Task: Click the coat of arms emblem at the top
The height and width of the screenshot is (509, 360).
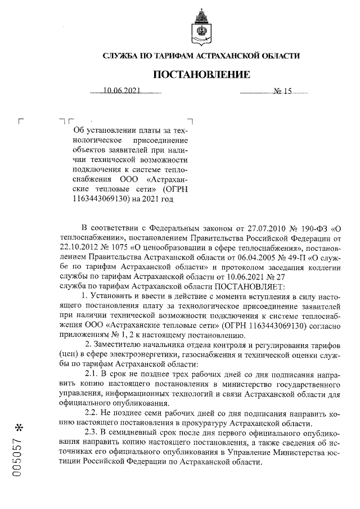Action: pyautogui.click(x=201, y=25)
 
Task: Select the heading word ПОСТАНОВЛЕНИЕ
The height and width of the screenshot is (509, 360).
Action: pyautogui.click(x=201, y=74)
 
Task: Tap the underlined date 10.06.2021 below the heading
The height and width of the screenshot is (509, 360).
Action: pyautogui.click(x=121, y=91)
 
